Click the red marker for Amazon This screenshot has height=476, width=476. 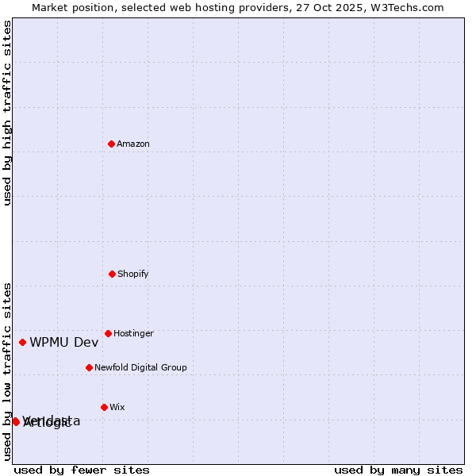coord(111,144)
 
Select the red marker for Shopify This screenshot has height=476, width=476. coord(112,274)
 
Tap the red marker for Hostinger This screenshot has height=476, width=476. coord(108,333)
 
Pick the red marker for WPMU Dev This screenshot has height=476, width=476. coord(22,342)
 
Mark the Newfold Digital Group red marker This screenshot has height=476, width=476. coord(89,367)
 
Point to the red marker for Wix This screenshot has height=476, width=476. coord(104,407)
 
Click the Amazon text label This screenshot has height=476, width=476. coord(133,144)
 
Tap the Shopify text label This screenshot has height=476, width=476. coord(133,274)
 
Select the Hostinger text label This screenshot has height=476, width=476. coord(133,333)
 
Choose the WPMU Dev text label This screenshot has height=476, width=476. coord(64,342)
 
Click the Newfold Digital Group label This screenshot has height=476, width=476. coord(140,367)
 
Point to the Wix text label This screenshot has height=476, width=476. coord(117,407)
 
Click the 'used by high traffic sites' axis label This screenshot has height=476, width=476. coord(7,113)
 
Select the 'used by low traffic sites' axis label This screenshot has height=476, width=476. coord(7,370)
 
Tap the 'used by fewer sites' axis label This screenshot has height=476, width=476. coord(82,470)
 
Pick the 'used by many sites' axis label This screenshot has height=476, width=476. coord(398,470)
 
